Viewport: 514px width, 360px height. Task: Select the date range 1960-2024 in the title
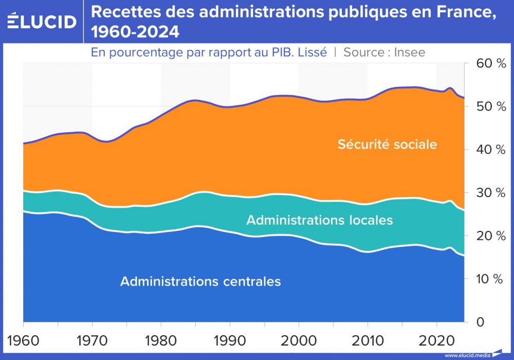[135, 32]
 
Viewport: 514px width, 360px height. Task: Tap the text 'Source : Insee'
[384, 52]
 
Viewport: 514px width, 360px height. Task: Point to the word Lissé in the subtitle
[310, 52]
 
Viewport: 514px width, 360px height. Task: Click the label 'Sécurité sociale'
[387, 144]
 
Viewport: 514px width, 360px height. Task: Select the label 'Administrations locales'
[319, 220]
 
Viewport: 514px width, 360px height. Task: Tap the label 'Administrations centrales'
[200, 281]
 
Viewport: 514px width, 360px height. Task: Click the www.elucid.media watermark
[467, 355]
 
